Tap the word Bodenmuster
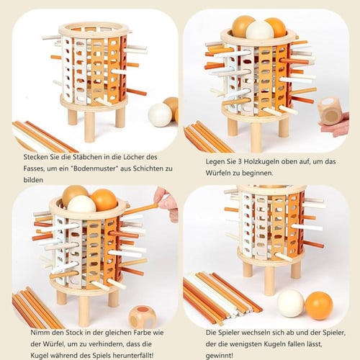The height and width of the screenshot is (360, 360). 95,168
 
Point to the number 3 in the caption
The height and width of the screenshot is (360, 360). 240,162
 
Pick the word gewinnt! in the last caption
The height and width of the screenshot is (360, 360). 220,356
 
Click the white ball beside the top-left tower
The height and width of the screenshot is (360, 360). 160,114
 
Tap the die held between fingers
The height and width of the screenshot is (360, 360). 330,111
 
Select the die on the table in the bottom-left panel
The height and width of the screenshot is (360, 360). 142,317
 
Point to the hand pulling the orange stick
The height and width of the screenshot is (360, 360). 166,203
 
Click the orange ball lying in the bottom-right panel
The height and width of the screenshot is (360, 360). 319,305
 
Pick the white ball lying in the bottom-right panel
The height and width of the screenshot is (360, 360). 291,303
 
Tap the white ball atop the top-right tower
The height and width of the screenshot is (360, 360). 260,30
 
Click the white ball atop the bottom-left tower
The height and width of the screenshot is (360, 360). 81,204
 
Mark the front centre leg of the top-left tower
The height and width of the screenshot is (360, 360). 89,127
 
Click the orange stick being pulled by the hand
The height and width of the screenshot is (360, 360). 140,209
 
